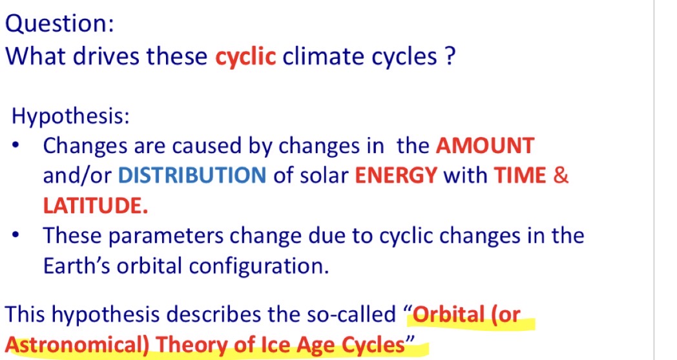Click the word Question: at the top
(x=60, y=24)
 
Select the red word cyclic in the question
(x=245, y=57)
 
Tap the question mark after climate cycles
(x=450, y=57)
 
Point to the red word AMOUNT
(x=485, y=146)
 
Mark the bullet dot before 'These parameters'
(x=17, y=236)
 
